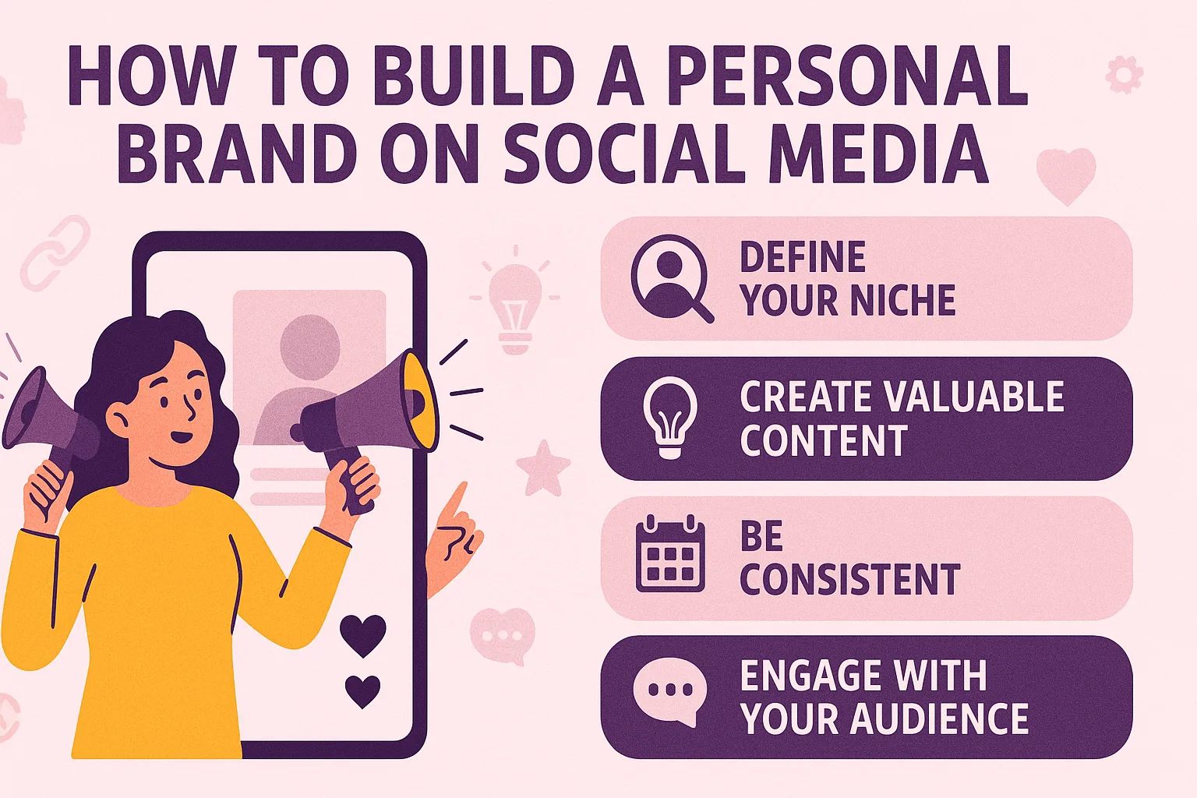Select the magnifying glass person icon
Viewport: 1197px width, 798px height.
tap(670, 277)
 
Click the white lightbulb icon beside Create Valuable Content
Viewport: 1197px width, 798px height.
tap(669, 417)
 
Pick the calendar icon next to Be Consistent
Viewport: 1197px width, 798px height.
tap(670, 554)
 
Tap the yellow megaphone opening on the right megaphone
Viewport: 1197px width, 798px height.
tap(422, 399)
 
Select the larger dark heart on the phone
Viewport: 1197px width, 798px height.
tap(363, 633)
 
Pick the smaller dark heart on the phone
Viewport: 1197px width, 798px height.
tap(362, 690)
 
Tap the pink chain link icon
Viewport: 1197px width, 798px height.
tap(55, 253)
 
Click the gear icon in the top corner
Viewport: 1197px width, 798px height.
tap(1124, 75)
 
